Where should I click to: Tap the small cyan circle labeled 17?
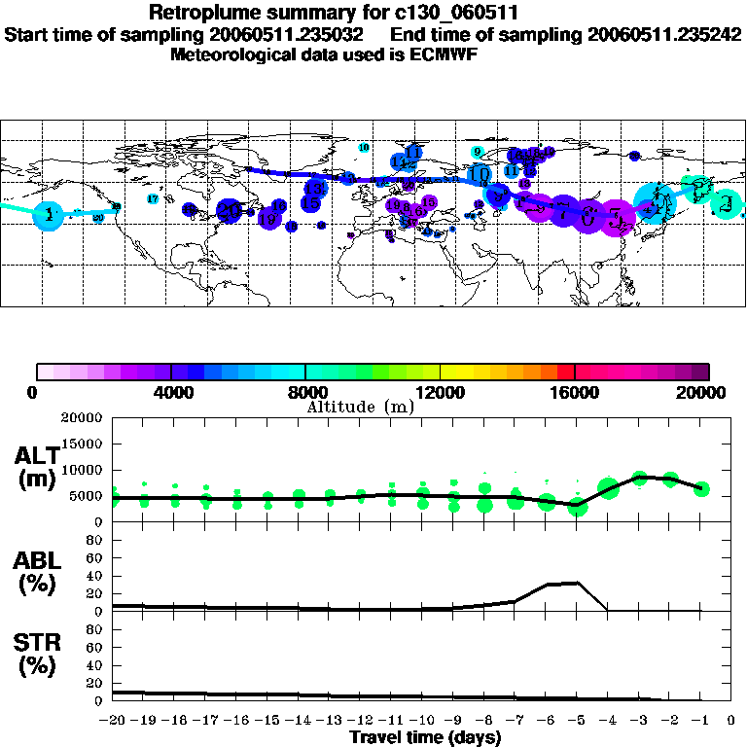152,198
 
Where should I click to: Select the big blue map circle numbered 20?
229,209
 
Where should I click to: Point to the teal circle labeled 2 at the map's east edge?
726,204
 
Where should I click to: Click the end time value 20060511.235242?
655,34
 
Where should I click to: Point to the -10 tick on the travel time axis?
422,722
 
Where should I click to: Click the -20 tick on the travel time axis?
113,722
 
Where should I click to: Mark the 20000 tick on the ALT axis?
83,418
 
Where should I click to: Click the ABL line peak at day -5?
578,583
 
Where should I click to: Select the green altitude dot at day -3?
639,478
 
